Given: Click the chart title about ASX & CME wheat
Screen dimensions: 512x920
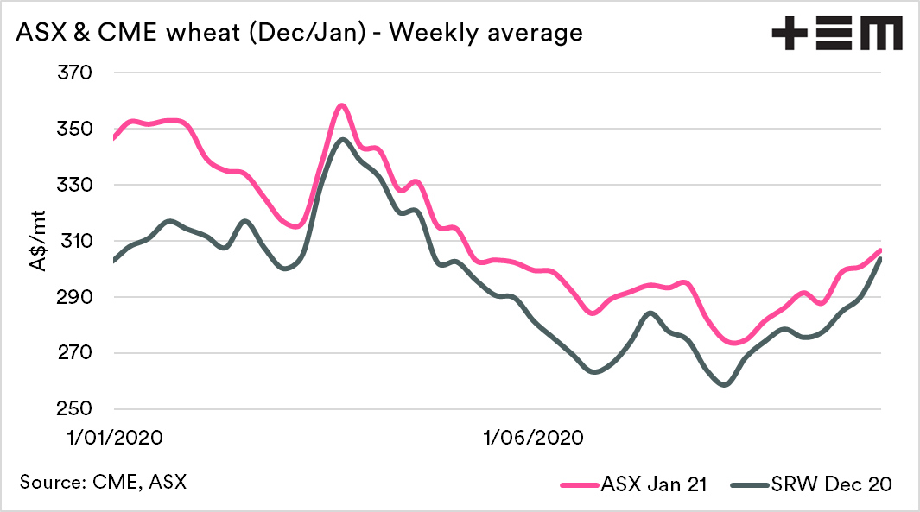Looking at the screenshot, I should click(x=299, y=34).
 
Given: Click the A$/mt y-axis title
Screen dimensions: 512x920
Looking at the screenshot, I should click(x=40, y=242).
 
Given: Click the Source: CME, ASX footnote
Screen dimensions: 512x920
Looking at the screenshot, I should click(x=103, y=481).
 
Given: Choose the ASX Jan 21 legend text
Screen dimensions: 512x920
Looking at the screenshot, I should click(x=654, y=484).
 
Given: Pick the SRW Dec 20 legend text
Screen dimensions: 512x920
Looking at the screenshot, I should click(x=835, y=484).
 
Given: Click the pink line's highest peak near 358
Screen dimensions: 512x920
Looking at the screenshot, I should click(x=342, y=105).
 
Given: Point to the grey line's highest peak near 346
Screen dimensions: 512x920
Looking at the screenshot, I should click(x=343, y=139).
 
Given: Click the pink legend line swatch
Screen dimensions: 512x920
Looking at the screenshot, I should click(x=580, y=484).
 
